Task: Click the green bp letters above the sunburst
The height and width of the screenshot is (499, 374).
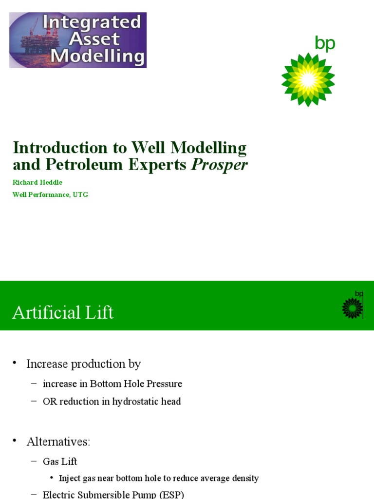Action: [325, 44]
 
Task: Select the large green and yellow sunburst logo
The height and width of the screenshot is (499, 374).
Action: [308, 79]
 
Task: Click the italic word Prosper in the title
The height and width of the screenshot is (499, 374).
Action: [219, 165]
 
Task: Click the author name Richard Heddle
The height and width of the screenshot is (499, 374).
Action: [37, 182]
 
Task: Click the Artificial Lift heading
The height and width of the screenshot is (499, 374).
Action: [63, 312]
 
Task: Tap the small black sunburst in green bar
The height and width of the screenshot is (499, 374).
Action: [352, 308]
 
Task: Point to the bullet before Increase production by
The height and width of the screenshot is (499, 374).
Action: [15, 363]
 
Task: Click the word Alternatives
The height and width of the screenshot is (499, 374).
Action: [58, 442]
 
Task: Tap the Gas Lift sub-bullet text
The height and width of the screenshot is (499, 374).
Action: [60, 461]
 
